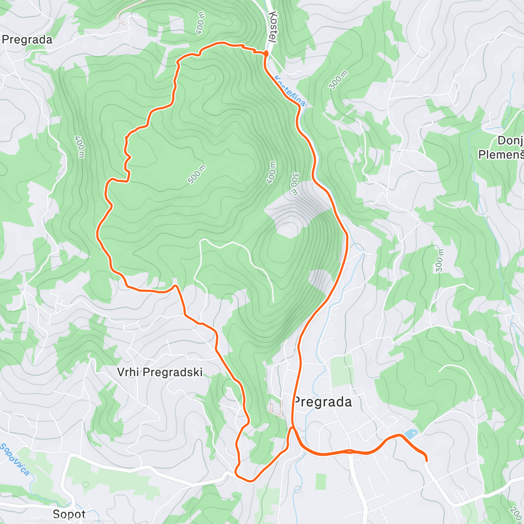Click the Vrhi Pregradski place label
(160, 372)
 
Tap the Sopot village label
(69, 514)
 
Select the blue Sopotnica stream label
(15, 458)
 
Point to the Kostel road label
(273, 27)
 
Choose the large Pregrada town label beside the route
(323, 402)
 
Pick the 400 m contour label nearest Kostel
(200, 23)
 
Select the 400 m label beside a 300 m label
(272, 172)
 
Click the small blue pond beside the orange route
(410, 434)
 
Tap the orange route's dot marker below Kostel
(265, 53)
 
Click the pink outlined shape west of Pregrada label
(276, 410)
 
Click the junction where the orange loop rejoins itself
(293, 429)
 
